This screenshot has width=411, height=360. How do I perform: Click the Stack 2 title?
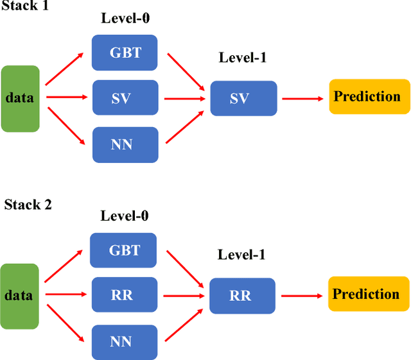click(x=28, y=205)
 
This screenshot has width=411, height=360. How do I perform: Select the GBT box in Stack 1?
click(x=125, y=52)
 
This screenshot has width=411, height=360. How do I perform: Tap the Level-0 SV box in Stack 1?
click(x=125, y=98)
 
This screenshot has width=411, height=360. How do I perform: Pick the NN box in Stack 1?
click(x=125, y=144)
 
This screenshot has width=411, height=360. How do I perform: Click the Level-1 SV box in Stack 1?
click(x=243, y=98)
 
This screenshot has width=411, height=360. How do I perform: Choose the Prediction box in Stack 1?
click(x=369, y=97)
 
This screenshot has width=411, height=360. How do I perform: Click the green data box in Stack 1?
click(x=20, y=99)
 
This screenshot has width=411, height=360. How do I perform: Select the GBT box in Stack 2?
click(x=124, y=250)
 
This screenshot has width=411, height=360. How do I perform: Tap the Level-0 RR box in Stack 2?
click(x=124, y=295)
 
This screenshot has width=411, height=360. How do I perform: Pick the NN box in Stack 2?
click(x=124, y=342)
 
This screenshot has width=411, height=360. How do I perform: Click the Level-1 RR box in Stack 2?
click(x=242, y=296)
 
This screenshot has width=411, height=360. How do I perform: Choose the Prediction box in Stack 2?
click(x=369, y=294)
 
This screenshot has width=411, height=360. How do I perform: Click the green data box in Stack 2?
click(x=20, y=296)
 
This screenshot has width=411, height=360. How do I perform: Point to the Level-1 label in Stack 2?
click(x=241, y=255)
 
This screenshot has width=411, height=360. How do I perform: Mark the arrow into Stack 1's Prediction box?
click(x=302, y=98)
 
